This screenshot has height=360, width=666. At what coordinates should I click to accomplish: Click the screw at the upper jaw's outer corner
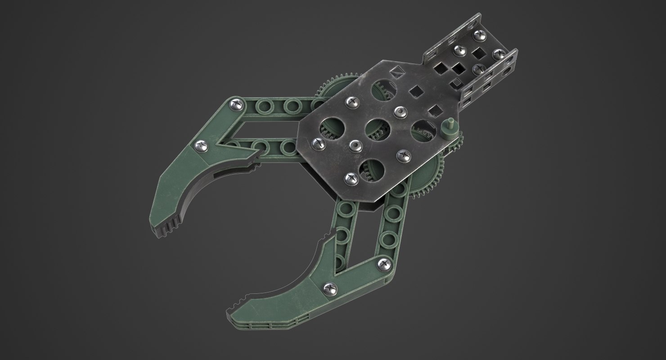pos(235,105)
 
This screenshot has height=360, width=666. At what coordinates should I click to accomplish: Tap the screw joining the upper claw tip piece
pos(201,145)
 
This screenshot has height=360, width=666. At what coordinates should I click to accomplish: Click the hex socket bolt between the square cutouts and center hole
pos(399,110)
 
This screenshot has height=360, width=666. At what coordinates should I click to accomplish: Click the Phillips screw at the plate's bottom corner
pos(350,179)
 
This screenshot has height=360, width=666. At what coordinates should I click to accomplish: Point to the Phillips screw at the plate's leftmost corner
pos(318,144)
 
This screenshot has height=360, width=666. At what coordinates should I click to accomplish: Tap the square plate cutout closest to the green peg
pos(434,110)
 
